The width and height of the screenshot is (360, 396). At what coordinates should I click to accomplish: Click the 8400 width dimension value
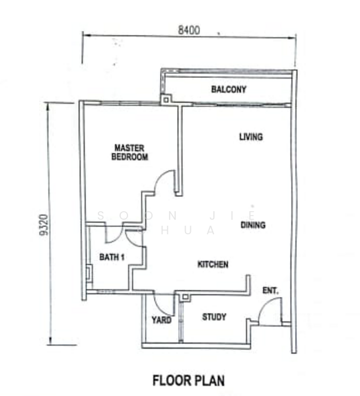[189, 30]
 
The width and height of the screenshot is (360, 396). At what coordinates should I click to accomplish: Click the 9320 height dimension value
[44, 225]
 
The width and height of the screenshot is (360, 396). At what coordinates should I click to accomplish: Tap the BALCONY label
[229, 89]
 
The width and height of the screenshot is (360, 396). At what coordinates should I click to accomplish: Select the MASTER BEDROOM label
[129, 152]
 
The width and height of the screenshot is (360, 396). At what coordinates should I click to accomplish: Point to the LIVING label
[251, 137]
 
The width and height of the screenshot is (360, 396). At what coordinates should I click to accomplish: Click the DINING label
[253, 225]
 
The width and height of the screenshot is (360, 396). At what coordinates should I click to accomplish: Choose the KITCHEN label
[213, 265]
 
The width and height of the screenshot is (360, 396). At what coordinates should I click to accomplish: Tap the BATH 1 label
[112, 257]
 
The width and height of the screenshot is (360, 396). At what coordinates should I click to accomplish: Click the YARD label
[162, 320]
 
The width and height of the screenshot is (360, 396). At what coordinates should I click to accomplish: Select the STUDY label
[214, 317]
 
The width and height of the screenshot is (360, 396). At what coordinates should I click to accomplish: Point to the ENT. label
[271, 290]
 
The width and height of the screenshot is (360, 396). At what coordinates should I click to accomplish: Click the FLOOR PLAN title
[189, 380]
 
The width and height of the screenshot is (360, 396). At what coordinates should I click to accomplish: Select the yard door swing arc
[159, 309]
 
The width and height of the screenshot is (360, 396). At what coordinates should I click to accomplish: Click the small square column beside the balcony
[166, 100]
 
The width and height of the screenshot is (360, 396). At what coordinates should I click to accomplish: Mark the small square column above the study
[185, 297]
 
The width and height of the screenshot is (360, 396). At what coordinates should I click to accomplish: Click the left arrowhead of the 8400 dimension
[86, 35]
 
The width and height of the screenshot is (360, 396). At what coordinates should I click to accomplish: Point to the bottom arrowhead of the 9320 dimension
[51, 341]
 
